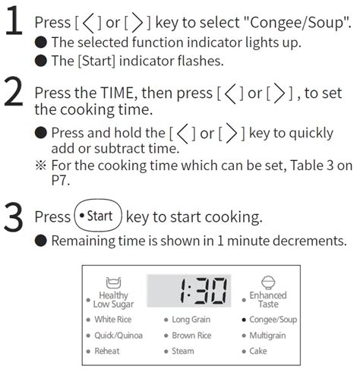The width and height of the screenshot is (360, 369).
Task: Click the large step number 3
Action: (x=14, y=216)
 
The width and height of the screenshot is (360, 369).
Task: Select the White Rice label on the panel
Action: (x=113, y=320)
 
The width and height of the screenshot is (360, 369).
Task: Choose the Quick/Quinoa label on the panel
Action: (x=118, y=336)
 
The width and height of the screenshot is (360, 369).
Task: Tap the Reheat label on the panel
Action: (x=107, y=352)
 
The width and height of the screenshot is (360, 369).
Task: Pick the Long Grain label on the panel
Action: (x=191, y=320)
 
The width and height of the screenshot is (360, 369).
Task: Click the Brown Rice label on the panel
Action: (x=191, y=336)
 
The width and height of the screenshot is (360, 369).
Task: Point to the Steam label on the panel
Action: (x=183, y=352)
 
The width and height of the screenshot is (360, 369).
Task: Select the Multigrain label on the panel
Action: (x=271, y=336)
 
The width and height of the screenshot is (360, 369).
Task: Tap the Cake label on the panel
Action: (x=258, y=352)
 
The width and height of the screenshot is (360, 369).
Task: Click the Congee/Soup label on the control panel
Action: (x=278, y=320)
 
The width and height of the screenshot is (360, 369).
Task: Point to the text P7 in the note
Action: (x=43, y=179)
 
